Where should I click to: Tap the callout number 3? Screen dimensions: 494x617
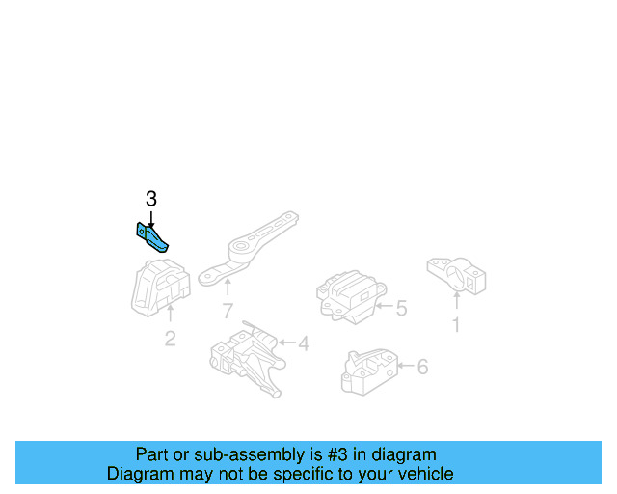[150, 200]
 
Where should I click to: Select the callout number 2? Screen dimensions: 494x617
[170, 339]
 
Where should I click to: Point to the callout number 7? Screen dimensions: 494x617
[228, 311]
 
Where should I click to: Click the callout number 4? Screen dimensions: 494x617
[303, 343]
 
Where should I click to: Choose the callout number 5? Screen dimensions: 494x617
[401, 309]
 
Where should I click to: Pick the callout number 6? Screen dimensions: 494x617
[422, 367]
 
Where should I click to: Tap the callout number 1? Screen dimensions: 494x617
[456, 325]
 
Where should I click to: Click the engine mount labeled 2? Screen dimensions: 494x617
[160, 285]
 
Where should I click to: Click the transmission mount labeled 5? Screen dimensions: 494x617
[348, 293]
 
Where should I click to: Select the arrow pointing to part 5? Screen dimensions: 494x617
[384, 308]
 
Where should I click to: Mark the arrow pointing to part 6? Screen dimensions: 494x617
[404, 367]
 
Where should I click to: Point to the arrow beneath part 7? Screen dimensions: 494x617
[228, 288]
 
